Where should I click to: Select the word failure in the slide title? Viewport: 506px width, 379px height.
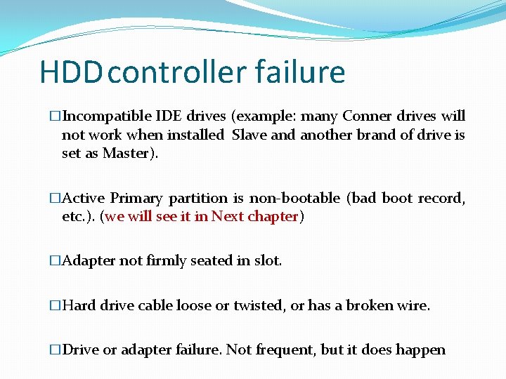[300, 72]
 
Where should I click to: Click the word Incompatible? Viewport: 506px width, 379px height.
[107, 116]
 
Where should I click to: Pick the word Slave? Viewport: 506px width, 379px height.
[249, 135]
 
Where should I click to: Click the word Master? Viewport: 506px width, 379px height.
[126, 153]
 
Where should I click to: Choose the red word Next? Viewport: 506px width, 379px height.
[228, 216]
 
